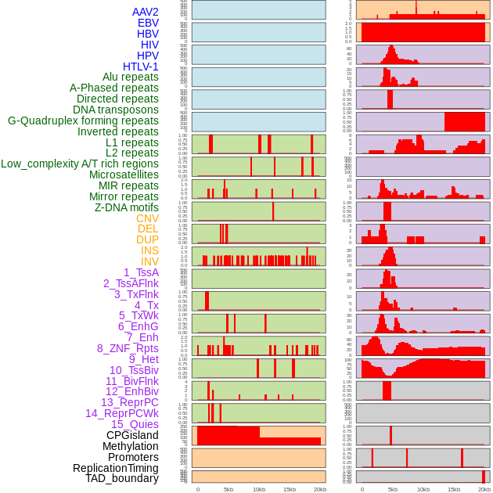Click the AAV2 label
click(145, 12)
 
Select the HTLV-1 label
click(140, 67)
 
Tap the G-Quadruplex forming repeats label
click(83, 121)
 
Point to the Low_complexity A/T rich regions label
click(80, 164)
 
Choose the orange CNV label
click(147, 218)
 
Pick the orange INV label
click(149, 261)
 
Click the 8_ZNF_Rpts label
click(128, 348)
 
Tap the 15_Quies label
click(134, 424)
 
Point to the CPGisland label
click(132, 435)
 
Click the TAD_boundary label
click(122, 478)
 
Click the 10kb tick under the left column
click(258, 489)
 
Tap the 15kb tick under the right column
click(453, 489)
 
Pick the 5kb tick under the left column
click(228, 489)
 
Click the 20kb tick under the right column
click(484, 489)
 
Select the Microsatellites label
click(124, 175)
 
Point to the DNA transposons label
click(116, 110)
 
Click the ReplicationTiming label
click(115, 468)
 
